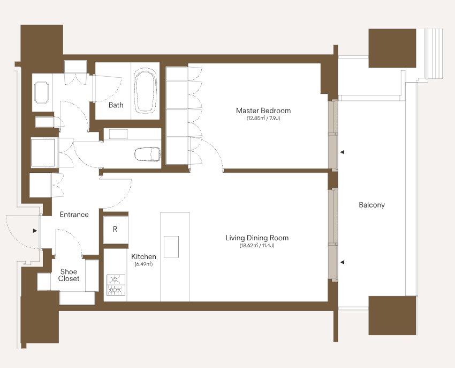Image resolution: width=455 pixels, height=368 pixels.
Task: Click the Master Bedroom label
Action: point(263,111)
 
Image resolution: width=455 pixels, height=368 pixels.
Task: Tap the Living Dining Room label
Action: point(257,238)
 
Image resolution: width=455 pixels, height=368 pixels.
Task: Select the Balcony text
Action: point(371,205)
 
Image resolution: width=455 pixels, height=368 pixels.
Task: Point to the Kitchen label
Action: point(143,256)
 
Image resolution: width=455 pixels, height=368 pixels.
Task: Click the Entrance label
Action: point(74,215)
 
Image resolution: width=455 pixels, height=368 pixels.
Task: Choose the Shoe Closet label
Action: point(69,275)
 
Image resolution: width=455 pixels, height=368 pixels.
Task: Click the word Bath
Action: point(116,105)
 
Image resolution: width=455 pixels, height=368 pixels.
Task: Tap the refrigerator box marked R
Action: point(116,230)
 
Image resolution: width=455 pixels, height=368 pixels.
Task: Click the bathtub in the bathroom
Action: point(146,91)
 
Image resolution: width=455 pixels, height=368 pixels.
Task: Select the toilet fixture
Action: point(148,154)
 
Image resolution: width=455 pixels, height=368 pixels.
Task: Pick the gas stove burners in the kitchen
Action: point(116,284)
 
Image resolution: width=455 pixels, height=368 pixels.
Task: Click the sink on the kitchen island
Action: point(171,247)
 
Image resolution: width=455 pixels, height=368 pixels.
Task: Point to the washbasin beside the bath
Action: point(42,92)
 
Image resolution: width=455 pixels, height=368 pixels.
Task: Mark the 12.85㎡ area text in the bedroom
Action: point(263,119)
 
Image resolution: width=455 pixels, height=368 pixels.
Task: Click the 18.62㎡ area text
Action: point(257,246)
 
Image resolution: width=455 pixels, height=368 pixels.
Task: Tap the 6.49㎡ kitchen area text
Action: point(143,264)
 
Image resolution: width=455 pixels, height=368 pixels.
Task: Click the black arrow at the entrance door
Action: point(35,231)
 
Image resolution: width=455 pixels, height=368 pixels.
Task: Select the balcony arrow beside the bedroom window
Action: point(343,152)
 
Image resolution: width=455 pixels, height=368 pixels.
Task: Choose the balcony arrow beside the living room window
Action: point(343,262)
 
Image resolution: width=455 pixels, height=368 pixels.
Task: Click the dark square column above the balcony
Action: point(392,48)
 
